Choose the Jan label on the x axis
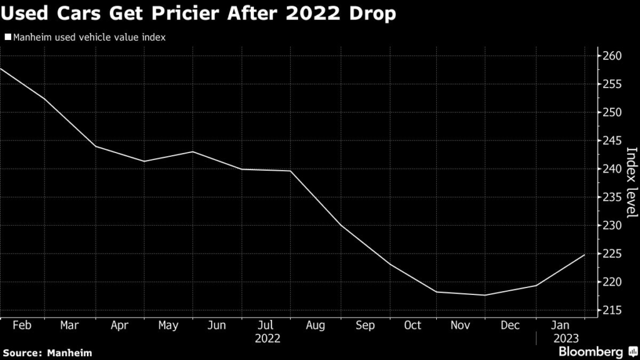561,326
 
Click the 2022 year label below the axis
267,338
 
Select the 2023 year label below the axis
561,338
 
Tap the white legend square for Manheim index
7,37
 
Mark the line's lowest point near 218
485,295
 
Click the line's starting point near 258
1,68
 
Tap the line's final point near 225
584,255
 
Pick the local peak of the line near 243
192,152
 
